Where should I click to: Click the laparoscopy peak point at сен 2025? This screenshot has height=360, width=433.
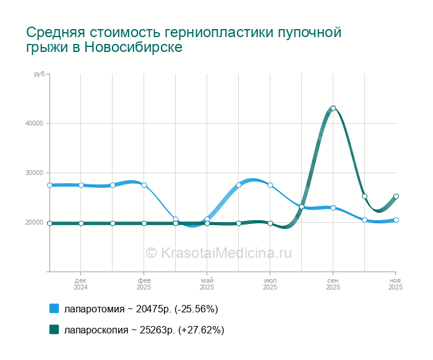pos(333,108)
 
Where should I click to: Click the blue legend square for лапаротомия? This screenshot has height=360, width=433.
pos(54,309)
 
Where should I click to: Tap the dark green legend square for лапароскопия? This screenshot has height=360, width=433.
pos(54,330)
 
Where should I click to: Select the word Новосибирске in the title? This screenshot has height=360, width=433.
pos(133,48)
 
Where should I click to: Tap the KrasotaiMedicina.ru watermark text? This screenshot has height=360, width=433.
pos(218,252)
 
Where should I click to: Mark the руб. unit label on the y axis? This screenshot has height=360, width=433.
pos(39,74)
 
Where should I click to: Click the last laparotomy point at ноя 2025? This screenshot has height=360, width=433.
pos(396,220)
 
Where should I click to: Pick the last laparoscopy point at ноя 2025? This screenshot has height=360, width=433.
pos(396,196)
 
